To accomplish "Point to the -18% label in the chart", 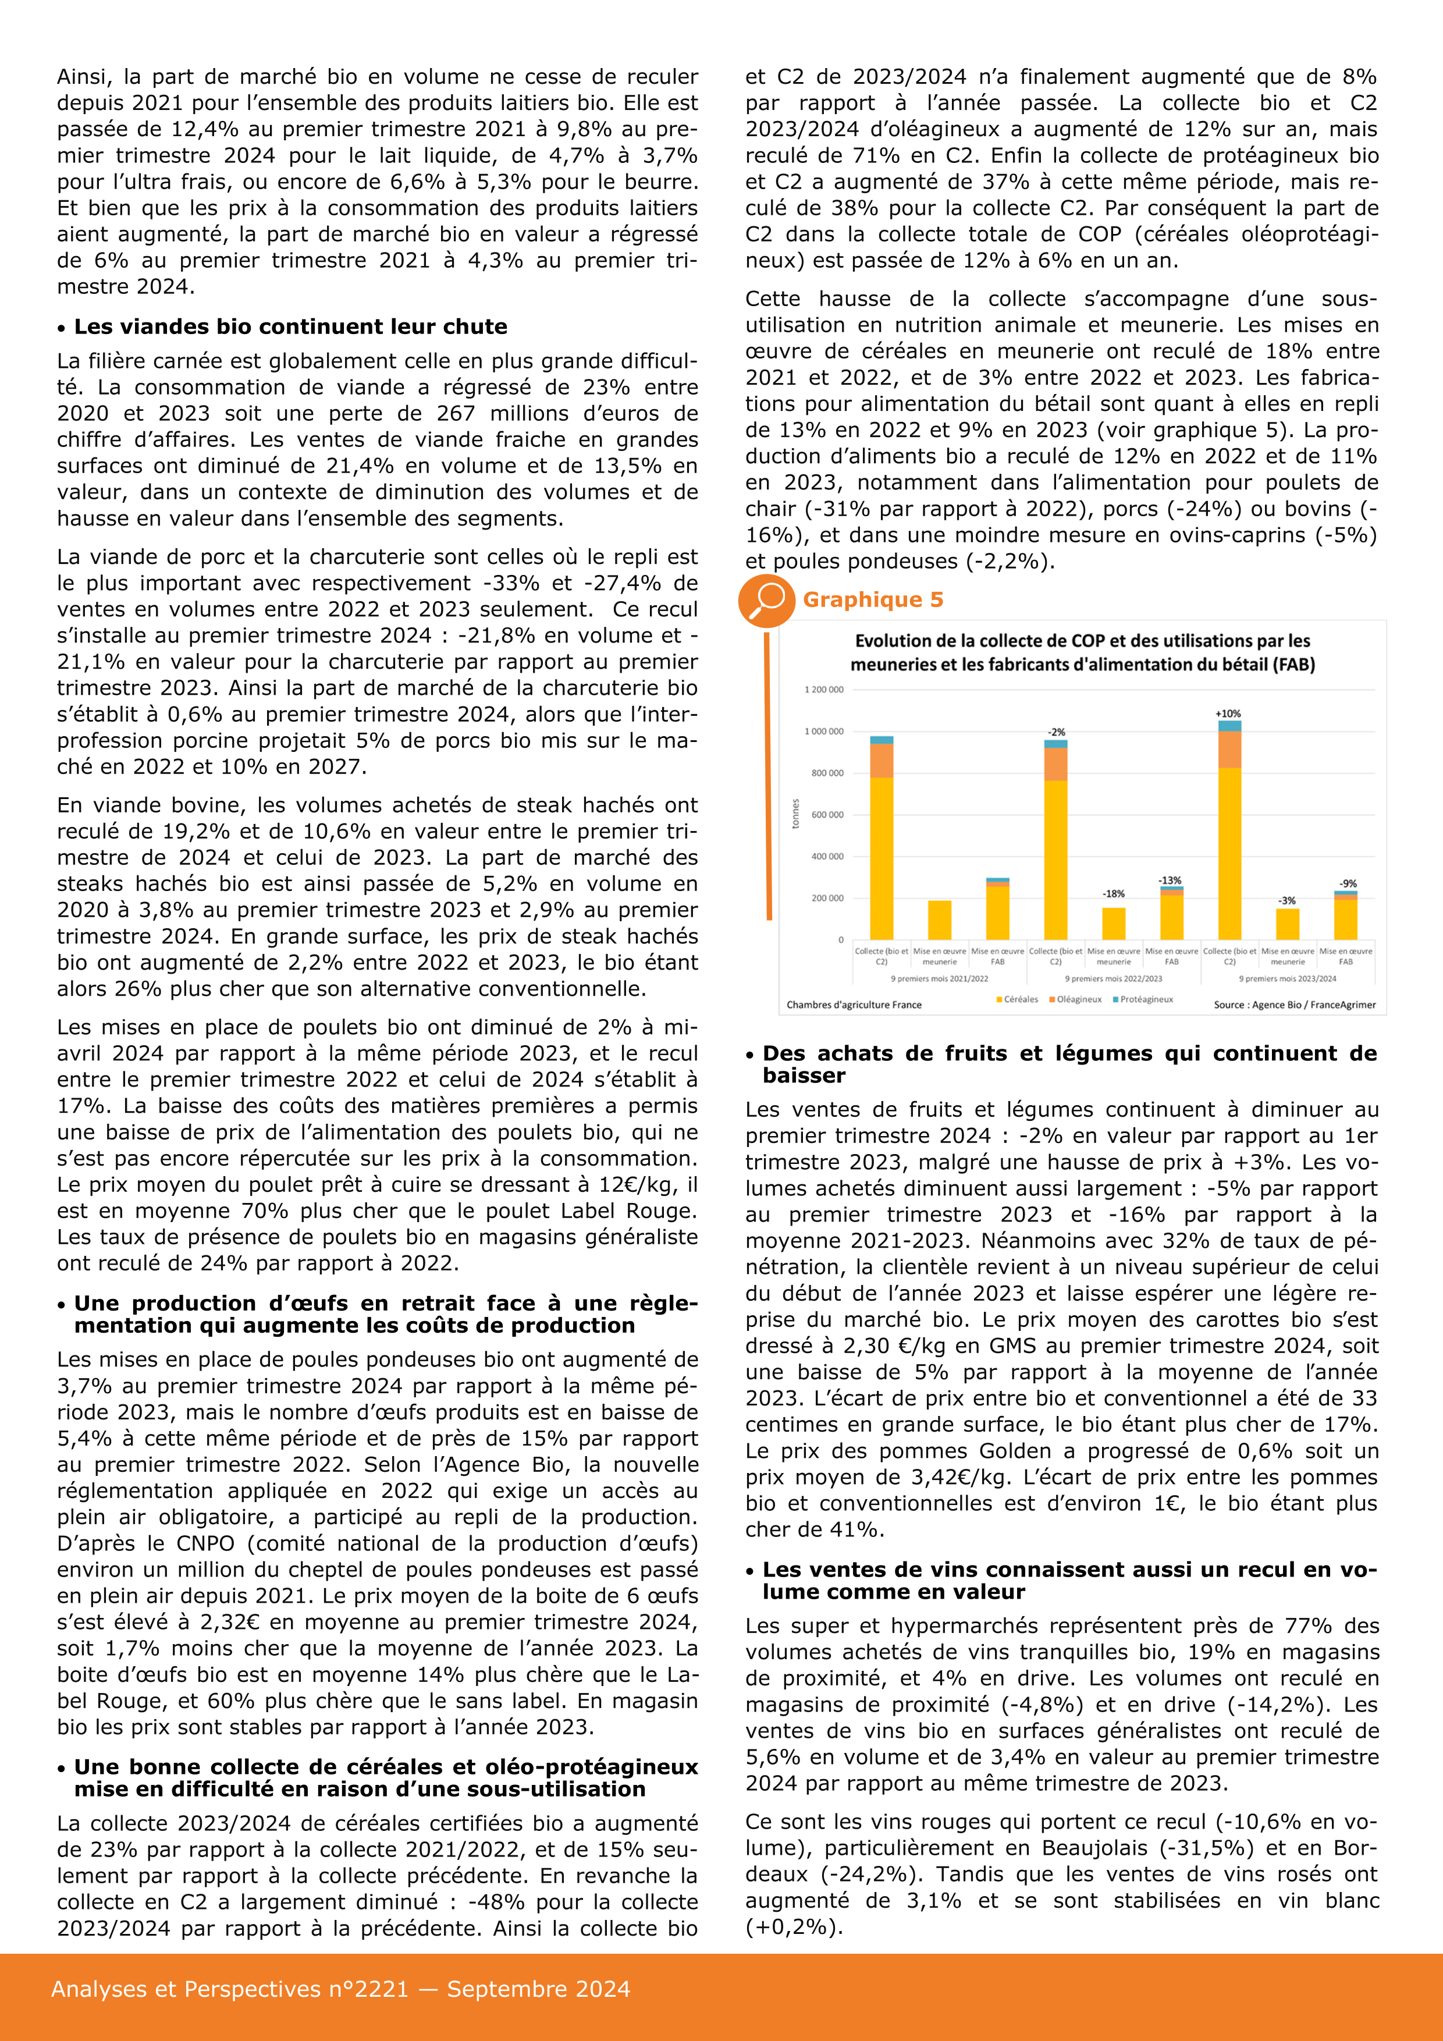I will [1113, 893].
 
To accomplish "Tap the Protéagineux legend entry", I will [1143, 999].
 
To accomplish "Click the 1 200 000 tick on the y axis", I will [824, 690].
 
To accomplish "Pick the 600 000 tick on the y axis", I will [827, 814].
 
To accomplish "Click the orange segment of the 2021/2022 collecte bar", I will [882, 761].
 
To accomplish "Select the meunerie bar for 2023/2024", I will [1288, 924].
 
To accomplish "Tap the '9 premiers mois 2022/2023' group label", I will [1113, 979].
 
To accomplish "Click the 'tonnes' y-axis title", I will [795, 814].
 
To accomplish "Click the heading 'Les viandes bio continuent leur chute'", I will [290, 326].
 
